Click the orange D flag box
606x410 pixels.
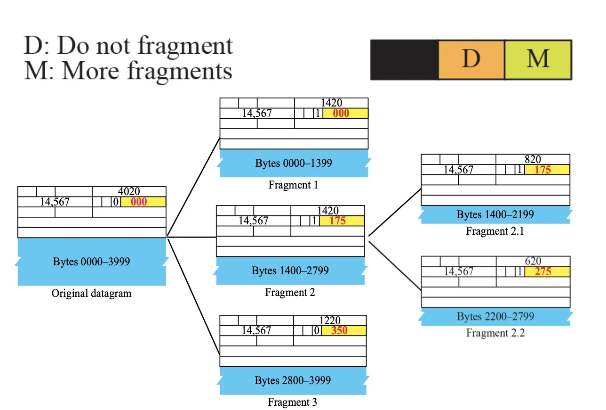tap(471, 60)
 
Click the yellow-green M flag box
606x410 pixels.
tap(538, 60)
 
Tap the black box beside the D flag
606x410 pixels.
tap(404, 60)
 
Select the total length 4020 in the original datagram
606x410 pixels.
tap(129, 191)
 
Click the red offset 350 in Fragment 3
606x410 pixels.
tap(339, 330)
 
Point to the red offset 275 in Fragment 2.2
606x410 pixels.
tap(542, 271)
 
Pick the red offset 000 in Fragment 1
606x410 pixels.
tap(341, 113)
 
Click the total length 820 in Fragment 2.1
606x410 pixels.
tap(533, 159)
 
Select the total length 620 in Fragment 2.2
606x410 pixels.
tap(533, 261)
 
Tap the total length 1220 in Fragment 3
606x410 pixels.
tap(330, 320)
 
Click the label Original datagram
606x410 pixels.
tap(91, 293)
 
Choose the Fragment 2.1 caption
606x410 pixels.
tap(495, 231)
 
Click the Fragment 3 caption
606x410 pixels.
tap(292, 402)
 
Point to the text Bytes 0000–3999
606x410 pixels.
tap(91, 262)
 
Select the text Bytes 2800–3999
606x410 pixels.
tap(293, 380)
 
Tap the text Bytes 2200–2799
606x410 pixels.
tap(495, 316)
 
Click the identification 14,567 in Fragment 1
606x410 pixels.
tap(257, 113)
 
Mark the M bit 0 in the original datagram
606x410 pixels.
tap(116, 202)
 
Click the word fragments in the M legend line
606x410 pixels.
tap(180, 71)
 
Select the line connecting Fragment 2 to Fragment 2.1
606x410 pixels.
tap(395, 213)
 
